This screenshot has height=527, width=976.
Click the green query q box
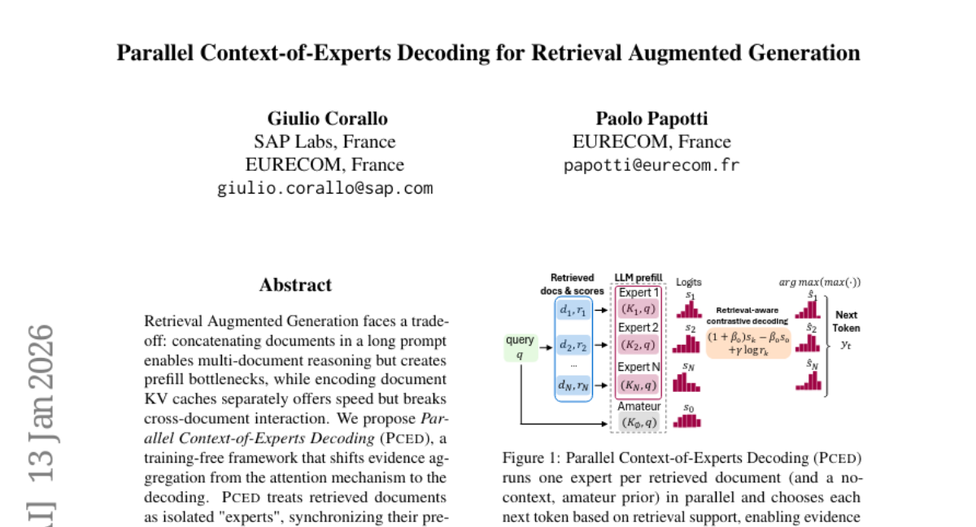tap(520, 346)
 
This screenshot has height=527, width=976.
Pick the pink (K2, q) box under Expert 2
tap(638, 345)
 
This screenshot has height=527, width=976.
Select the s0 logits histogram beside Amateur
tap(688, 420)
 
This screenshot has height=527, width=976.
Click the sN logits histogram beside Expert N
tap(688, 381)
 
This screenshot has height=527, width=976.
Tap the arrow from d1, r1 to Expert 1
tap(604, 309)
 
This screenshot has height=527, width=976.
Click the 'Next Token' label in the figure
tap(846, 321)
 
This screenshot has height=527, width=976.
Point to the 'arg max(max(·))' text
tap(820, 283)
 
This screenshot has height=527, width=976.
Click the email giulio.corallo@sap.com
tap(325, 189)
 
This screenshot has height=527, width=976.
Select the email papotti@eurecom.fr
tap(651, 166)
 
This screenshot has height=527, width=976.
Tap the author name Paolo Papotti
tap(651, 119)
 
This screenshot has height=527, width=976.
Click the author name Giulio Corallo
tap(327, 119)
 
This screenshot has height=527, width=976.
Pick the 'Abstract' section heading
tap(295, 285)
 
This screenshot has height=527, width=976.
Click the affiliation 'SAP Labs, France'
tap(325, 142)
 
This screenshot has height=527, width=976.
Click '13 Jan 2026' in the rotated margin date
tap(41, 407)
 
